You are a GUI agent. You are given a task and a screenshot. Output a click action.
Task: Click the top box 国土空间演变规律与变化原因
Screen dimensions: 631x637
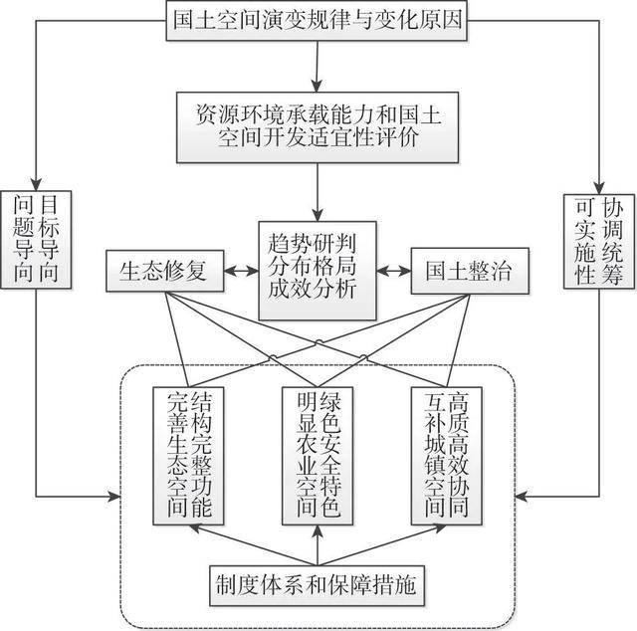point(317,21)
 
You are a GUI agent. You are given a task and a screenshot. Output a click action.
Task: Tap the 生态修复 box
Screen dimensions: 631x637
point(163,271)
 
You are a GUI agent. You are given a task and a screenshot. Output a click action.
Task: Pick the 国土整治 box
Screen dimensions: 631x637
point(469,271)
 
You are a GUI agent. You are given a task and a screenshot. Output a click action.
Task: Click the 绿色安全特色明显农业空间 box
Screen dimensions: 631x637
point(318,455)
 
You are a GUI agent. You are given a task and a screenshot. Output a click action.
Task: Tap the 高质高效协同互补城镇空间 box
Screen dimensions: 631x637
point(446,455)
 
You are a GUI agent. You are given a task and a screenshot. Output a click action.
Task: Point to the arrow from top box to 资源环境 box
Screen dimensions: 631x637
point(318,66)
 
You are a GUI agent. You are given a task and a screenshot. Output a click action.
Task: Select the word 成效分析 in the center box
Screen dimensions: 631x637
point(318,291)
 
